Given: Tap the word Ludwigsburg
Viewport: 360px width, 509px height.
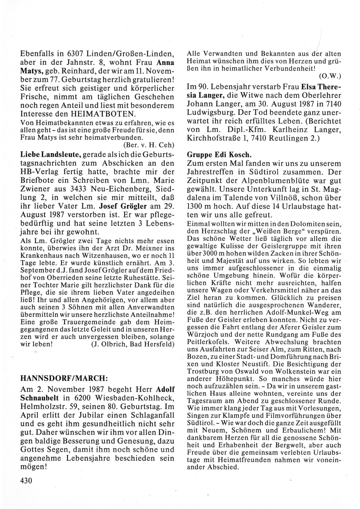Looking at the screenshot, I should (x=207, y=112).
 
